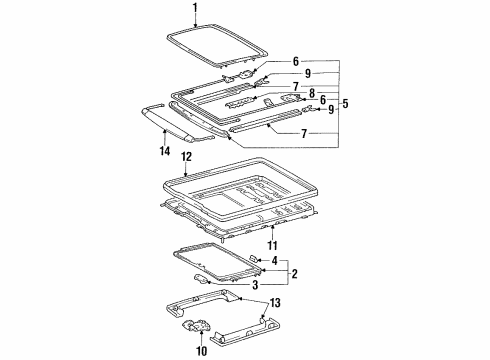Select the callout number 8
tap(312, 93)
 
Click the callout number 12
tap(187, 157)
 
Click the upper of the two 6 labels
tap(297, 61)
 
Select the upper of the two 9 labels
tap(310, 73)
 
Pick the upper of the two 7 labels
tap(295, 86)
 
